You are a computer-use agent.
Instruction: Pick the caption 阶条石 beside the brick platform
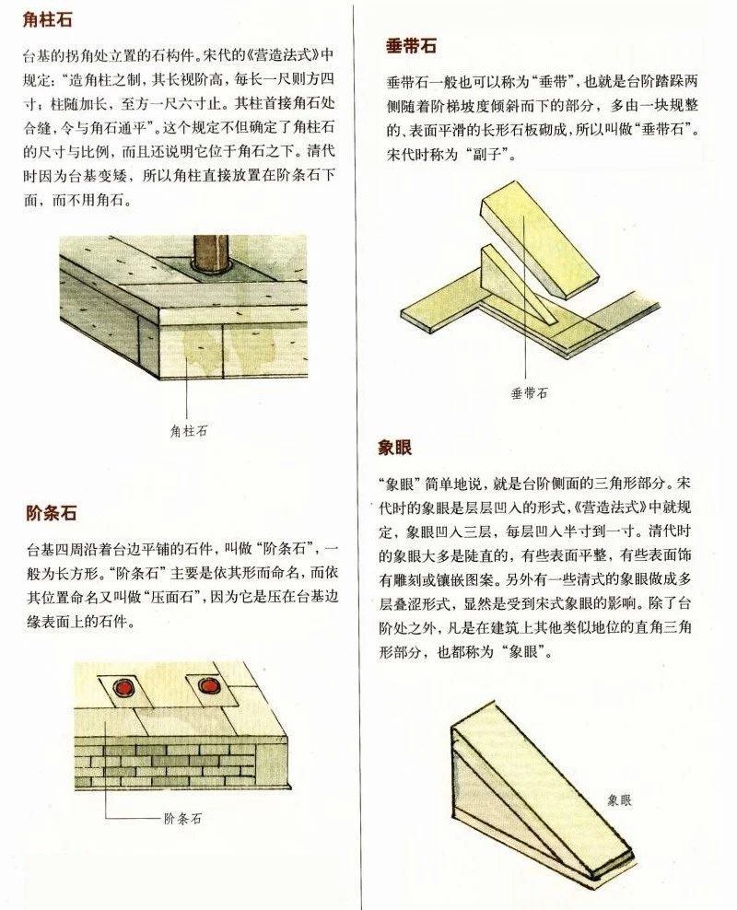(181, 816)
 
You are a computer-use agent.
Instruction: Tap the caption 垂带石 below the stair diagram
(529, 392)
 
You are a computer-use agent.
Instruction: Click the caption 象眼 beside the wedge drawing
(619, 799)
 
